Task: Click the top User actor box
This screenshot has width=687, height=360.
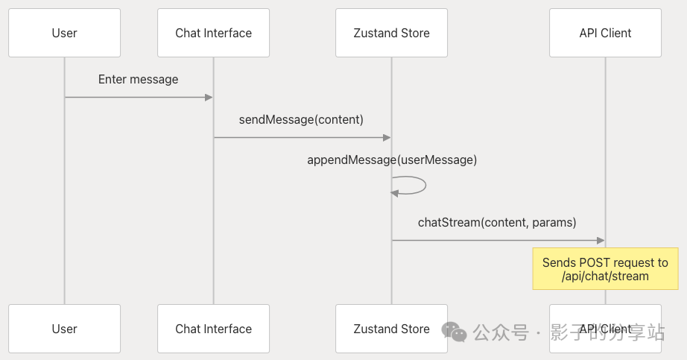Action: pos(64,33)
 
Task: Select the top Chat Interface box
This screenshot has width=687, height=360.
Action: pos(213,33)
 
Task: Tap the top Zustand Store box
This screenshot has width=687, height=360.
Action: pos(391,33)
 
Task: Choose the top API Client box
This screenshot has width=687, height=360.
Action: pos(605,33)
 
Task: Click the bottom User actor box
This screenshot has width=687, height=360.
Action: pos(64,329)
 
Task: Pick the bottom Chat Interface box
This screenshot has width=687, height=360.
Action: pos(213,329)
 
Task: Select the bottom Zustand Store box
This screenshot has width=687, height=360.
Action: pos(391,329)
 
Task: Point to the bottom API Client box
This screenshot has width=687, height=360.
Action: pos(605,329)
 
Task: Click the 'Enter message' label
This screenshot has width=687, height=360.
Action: pos(138,79)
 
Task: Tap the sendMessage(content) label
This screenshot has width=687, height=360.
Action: pos(301,119)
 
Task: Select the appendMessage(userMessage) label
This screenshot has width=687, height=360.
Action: pos(392,160)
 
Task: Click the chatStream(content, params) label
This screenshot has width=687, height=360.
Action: pos(498,222)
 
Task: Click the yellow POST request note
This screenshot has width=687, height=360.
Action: pos(605,269)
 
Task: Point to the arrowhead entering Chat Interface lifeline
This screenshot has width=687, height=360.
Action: pos(209,97)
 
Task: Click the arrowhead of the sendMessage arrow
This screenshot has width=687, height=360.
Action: pos(387,137)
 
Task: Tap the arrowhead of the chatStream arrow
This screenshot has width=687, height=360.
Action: pos(600,240)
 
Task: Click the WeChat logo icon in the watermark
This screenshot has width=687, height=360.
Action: pos(454,332)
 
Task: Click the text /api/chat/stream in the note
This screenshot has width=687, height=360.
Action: pos(605,277)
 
